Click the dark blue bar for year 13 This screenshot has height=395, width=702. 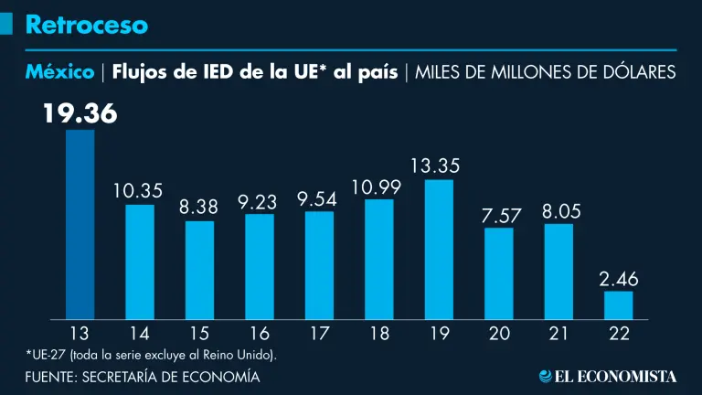[80, 224]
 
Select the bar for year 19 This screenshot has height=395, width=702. [439, 250]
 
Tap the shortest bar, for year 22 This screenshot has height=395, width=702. [618, 305]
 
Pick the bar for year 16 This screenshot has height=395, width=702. [260, 266]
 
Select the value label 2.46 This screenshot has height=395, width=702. [618, 278]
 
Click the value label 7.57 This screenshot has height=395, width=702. [499, 216]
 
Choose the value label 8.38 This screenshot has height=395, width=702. [199, 208]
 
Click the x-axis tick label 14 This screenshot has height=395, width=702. [139, 334]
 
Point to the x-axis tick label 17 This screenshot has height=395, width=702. [319, 334]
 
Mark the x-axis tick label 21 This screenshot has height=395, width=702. [558, 334]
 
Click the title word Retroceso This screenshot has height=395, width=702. [86, 25]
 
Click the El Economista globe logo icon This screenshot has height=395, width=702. [546, 376]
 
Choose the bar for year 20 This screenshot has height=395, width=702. [499, 273]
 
